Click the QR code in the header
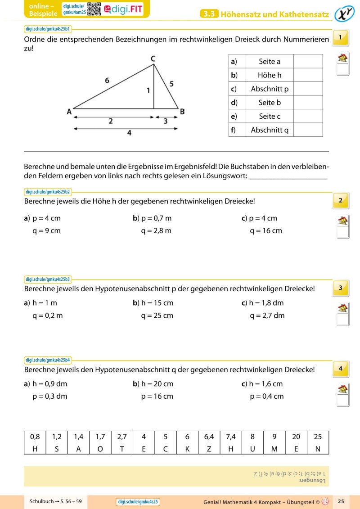(x=94, y=9)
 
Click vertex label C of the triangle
(x=153, y=58)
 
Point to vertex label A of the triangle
(x=70, y=112)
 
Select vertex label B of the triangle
(x=182, y=111)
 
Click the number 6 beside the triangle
(x=107, y=81)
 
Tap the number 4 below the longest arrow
(x=129, y=133)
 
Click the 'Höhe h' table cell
(x=269, y=75)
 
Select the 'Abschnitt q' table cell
(x=269, y=130)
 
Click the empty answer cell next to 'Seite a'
(x=308, y=61)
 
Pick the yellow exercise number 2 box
(x=341, y=200)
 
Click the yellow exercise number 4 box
(x=341, y=369)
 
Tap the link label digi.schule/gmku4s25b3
(x=48, y=279)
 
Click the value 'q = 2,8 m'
(x=156, y=231)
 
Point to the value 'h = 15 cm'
(x=157, y=303)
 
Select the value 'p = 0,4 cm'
(x=266, y=396)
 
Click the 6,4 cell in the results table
(x=209, y=437)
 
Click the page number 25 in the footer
(x=341, y=501)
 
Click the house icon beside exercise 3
(x=343, y=308)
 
